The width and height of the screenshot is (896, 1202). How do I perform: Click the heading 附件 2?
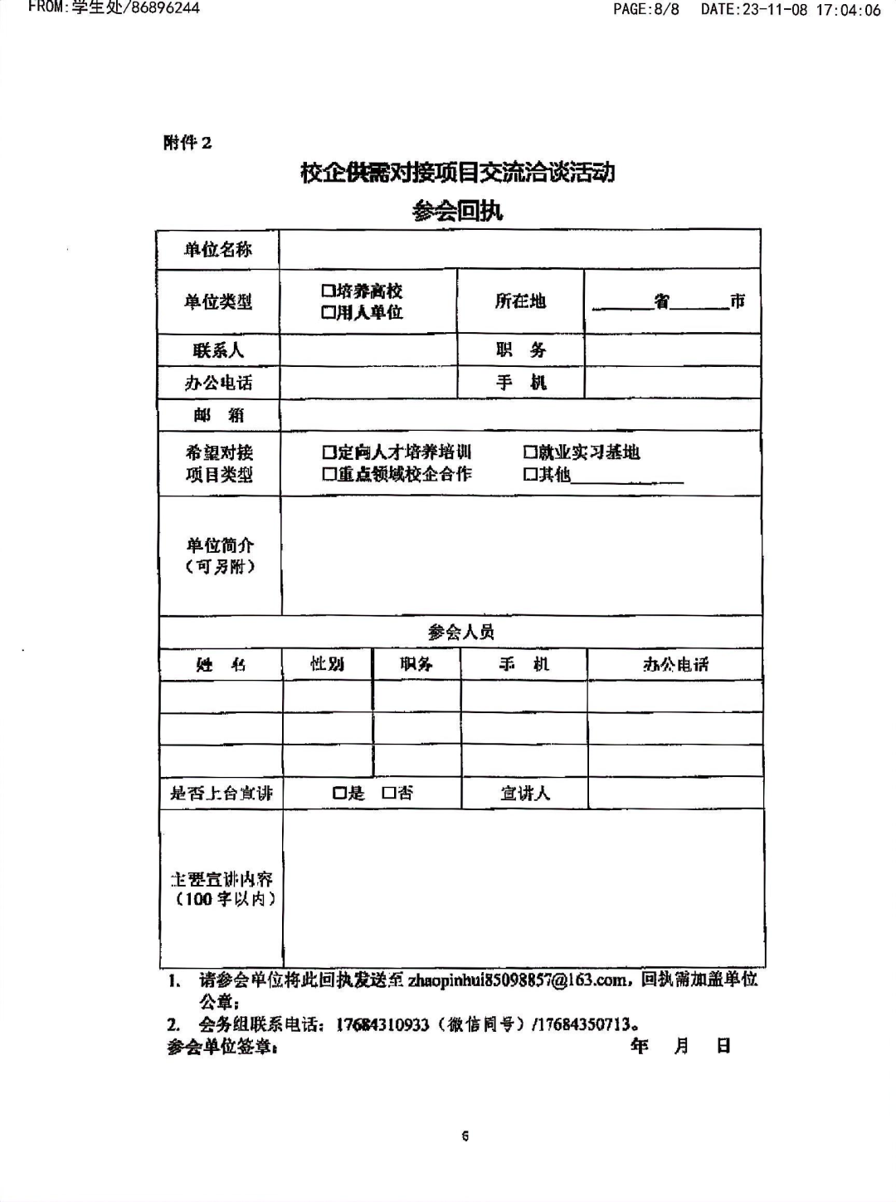[x=187, y=143]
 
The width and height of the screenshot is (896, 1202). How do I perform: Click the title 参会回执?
[x=457, y=211]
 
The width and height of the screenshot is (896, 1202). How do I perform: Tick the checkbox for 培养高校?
[x=327, y=291]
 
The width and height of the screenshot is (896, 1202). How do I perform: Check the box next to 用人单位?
[x=327, y=313]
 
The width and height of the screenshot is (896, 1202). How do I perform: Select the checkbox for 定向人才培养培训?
[x=328, y=452]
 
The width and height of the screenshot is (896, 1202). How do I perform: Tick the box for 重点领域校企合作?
[x=328, y=474]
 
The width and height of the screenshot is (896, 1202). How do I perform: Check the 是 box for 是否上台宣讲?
[x=338, y=794]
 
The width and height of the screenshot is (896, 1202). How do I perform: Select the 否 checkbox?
[x=387, y=794]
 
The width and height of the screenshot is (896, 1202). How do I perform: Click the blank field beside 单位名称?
[x=519, y=249]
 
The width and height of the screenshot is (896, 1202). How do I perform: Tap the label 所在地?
[x=520, y=301]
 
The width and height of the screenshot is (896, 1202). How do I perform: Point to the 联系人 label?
[x=218, y=350]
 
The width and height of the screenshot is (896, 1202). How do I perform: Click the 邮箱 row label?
[x=218, y=415]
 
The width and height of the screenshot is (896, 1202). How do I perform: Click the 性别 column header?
[x=327, y=664]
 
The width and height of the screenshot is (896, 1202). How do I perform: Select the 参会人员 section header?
[x=460, y=633]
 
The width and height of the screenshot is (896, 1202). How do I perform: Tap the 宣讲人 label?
[x=524, y=794]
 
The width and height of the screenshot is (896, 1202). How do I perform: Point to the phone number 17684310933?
[x=382, y=1024]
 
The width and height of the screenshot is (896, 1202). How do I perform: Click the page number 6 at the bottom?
[x=465, y=1136]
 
